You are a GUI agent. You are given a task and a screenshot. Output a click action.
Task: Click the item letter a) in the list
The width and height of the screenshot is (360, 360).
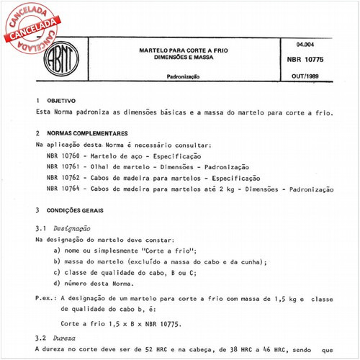[x=57, y=249]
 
